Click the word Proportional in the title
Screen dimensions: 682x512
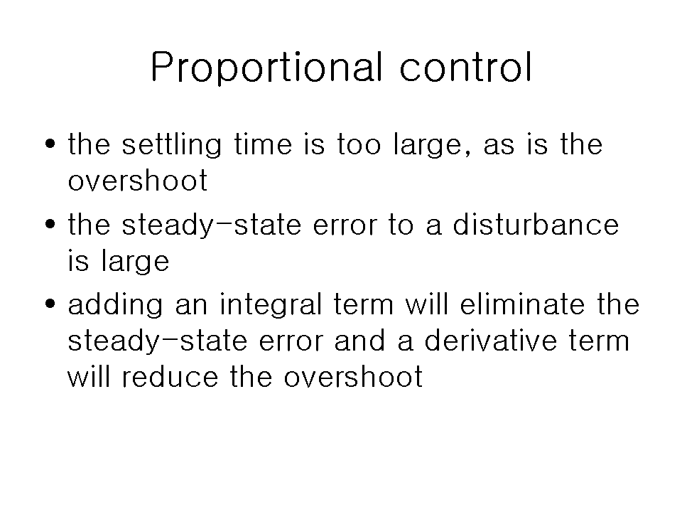tap(267, 67)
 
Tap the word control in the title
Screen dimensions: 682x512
tap(466, 67)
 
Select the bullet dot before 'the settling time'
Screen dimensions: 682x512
tap(50, 143)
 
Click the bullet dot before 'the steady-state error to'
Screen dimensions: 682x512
tap(50, 224)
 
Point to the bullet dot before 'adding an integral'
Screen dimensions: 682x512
tap(50, 304)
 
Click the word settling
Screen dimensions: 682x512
tap(172, 144)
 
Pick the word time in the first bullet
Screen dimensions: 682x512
tap(263, 144)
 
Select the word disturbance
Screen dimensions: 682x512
tap(536, 224)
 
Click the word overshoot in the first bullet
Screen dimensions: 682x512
tap(138, 180)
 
